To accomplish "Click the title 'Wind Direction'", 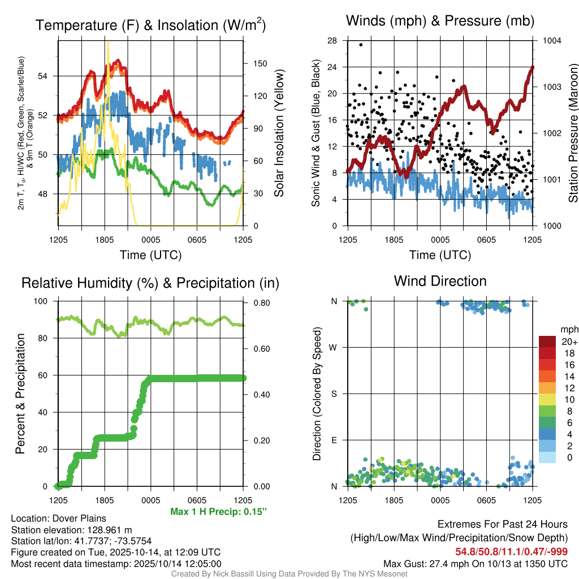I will click(440, 281).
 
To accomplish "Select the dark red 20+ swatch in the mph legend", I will click(547, 342).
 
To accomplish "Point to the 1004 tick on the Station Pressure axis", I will click(551, 41).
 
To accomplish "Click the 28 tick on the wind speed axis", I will click(332, 41).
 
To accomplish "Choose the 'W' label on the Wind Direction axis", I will click(334, 347).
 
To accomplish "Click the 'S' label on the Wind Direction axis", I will click(334, 394).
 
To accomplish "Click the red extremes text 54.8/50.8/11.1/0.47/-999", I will click(512, 551).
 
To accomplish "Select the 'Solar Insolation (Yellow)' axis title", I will click(279, 133).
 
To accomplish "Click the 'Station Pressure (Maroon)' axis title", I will click(573, 133).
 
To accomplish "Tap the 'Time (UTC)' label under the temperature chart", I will click(150, 255).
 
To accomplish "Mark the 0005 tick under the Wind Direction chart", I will click(439, 500).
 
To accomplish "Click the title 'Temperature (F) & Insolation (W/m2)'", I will click(150, 25).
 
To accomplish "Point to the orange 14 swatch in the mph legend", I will click(547, 375).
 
